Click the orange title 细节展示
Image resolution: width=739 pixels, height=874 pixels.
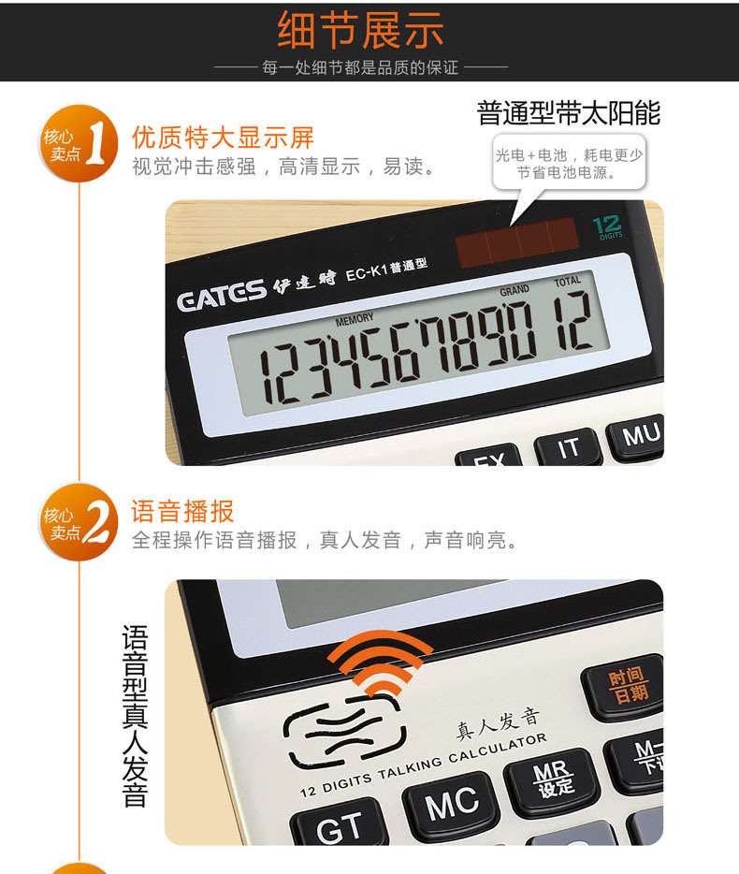360,30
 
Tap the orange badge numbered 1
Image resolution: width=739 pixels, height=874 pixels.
79,143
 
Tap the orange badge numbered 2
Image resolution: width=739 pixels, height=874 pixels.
79,522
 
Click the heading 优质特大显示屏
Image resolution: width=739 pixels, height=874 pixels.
223,138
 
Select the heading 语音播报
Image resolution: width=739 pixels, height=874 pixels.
182,511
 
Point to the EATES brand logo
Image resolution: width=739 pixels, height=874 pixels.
222,295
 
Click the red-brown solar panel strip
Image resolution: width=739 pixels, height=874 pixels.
516,241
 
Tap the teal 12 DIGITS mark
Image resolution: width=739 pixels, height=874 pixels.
607,227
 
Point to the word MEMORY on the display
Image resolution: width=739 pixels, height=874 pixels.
355,319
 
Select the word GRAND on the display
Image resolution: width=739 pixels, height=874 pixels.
514,290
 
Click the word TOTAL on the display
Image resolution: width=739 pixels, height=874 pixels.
568,282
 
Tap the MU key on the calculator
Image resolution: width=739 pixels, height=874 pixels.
638,436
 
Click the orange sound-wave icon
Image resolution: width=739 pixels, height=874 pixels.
380,663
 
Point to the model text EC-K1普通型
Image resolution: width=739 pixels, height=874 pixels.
386,269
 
